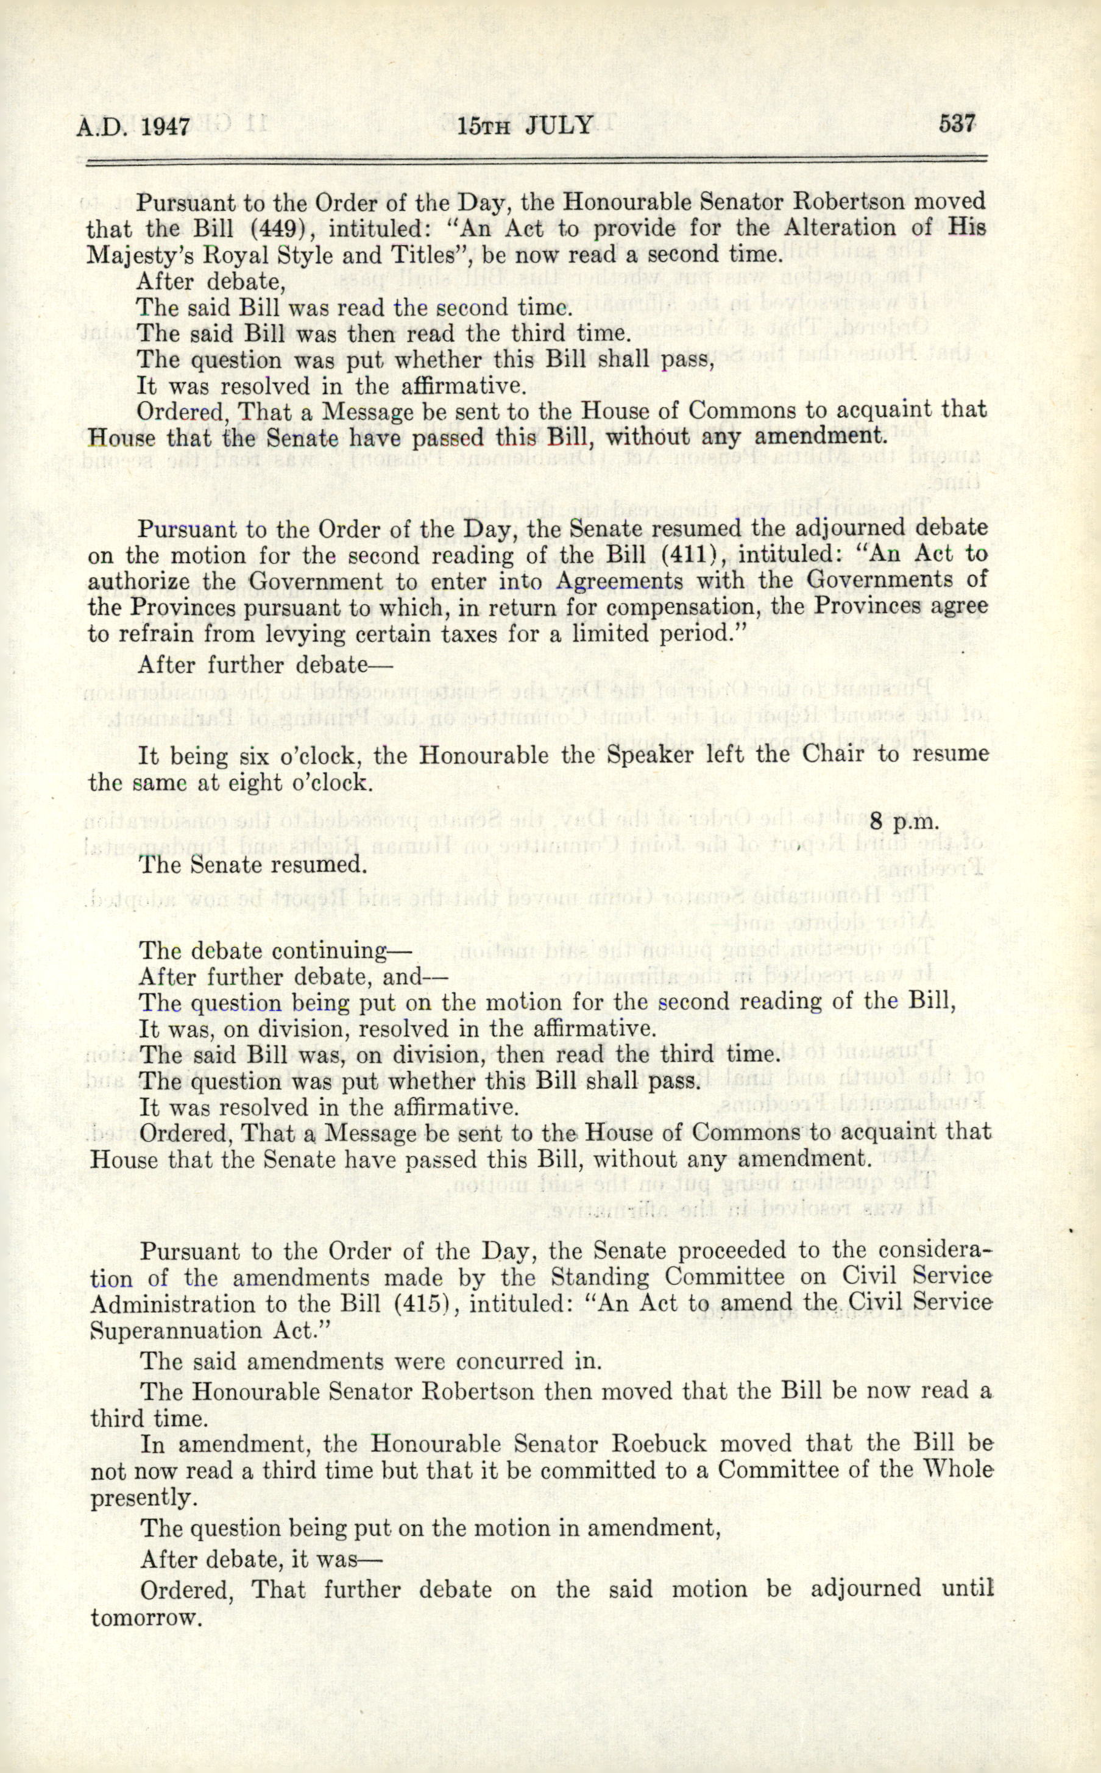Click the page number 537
[x=956, y=123]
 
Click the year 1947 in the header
[x=165, y=127]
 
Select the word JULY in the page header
[x=559, y=126]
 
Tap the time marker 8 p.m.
[x=904, y=821]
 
